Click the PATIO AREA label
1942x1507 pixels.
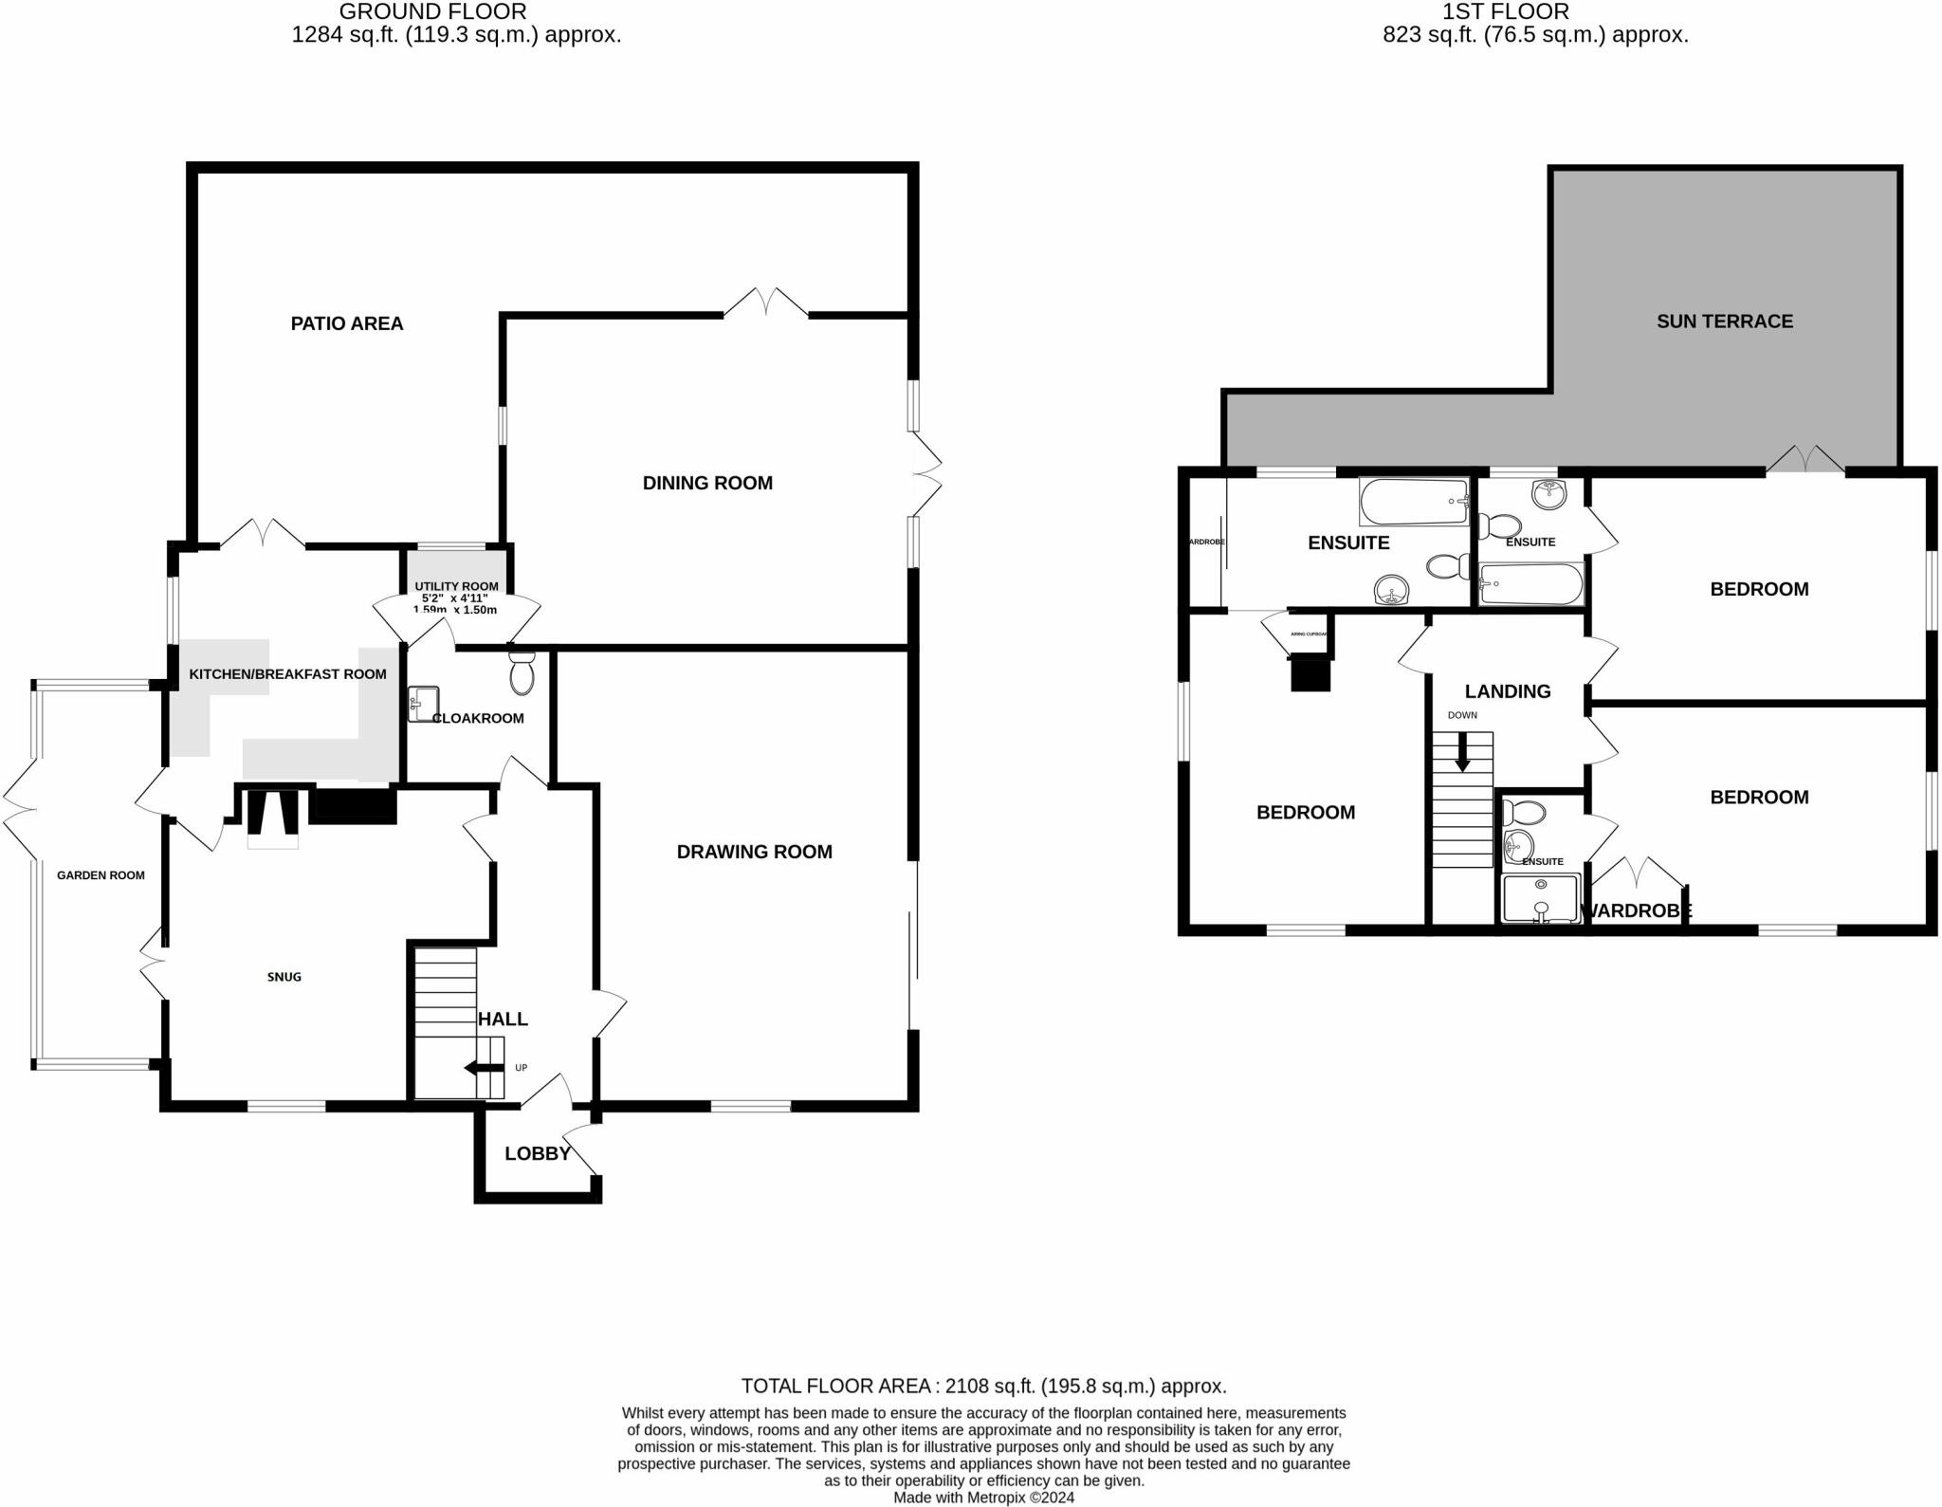[346, 323]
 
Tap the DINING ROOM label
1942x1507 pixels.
[707, 483]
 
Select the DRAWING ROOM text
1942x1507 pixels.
[754, 852]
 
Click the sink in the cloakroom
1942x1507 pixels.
[422, 704]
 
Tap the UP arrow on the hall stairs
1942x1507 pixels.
[485, 1069]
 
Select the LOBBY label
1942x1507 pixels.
[538, 1153]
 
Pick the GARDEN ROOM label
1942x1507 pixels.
[101, 875]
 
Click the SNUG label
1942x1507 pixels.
[284, 977]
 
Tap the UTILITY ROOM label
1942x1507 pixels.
[456, 586]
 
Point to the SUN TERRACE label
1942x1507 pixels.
[1724, 322]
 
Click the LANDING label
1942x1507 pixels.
[1507, 691]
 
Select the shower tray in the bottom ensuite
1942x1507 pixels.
[1541, 897]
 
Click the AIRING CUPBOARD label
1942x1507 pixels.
[1309, 634]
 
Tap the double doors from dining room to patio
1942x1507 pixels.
[766, 303]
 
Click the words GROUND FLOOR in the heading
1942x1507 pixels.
[432, 11]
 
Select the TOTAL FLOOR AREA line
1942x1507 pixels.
[983, 1386]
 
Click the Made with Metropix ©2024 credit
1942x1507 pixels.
[983, 1498]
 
